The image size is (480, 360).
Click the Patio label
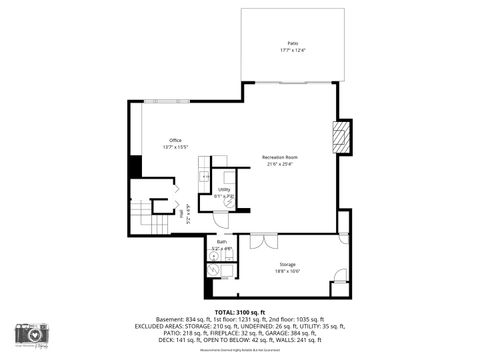coord(293,44)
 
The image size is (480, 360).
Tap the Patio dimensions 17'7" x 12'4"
coord(293,50)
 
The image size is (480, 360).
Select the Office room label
coord(175,140)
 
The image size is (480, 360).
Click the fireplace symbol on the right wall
coord(341,136)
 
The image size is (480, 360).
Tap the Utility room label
coord(224,189)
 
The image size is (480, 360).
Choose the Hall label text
coord(183,212)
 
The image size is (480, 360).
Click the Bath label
coord(222,242)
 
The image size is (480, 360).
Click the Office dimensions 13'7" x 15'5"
coord(175,147)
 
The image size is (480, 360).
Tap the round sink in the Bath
coord(214,256)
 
